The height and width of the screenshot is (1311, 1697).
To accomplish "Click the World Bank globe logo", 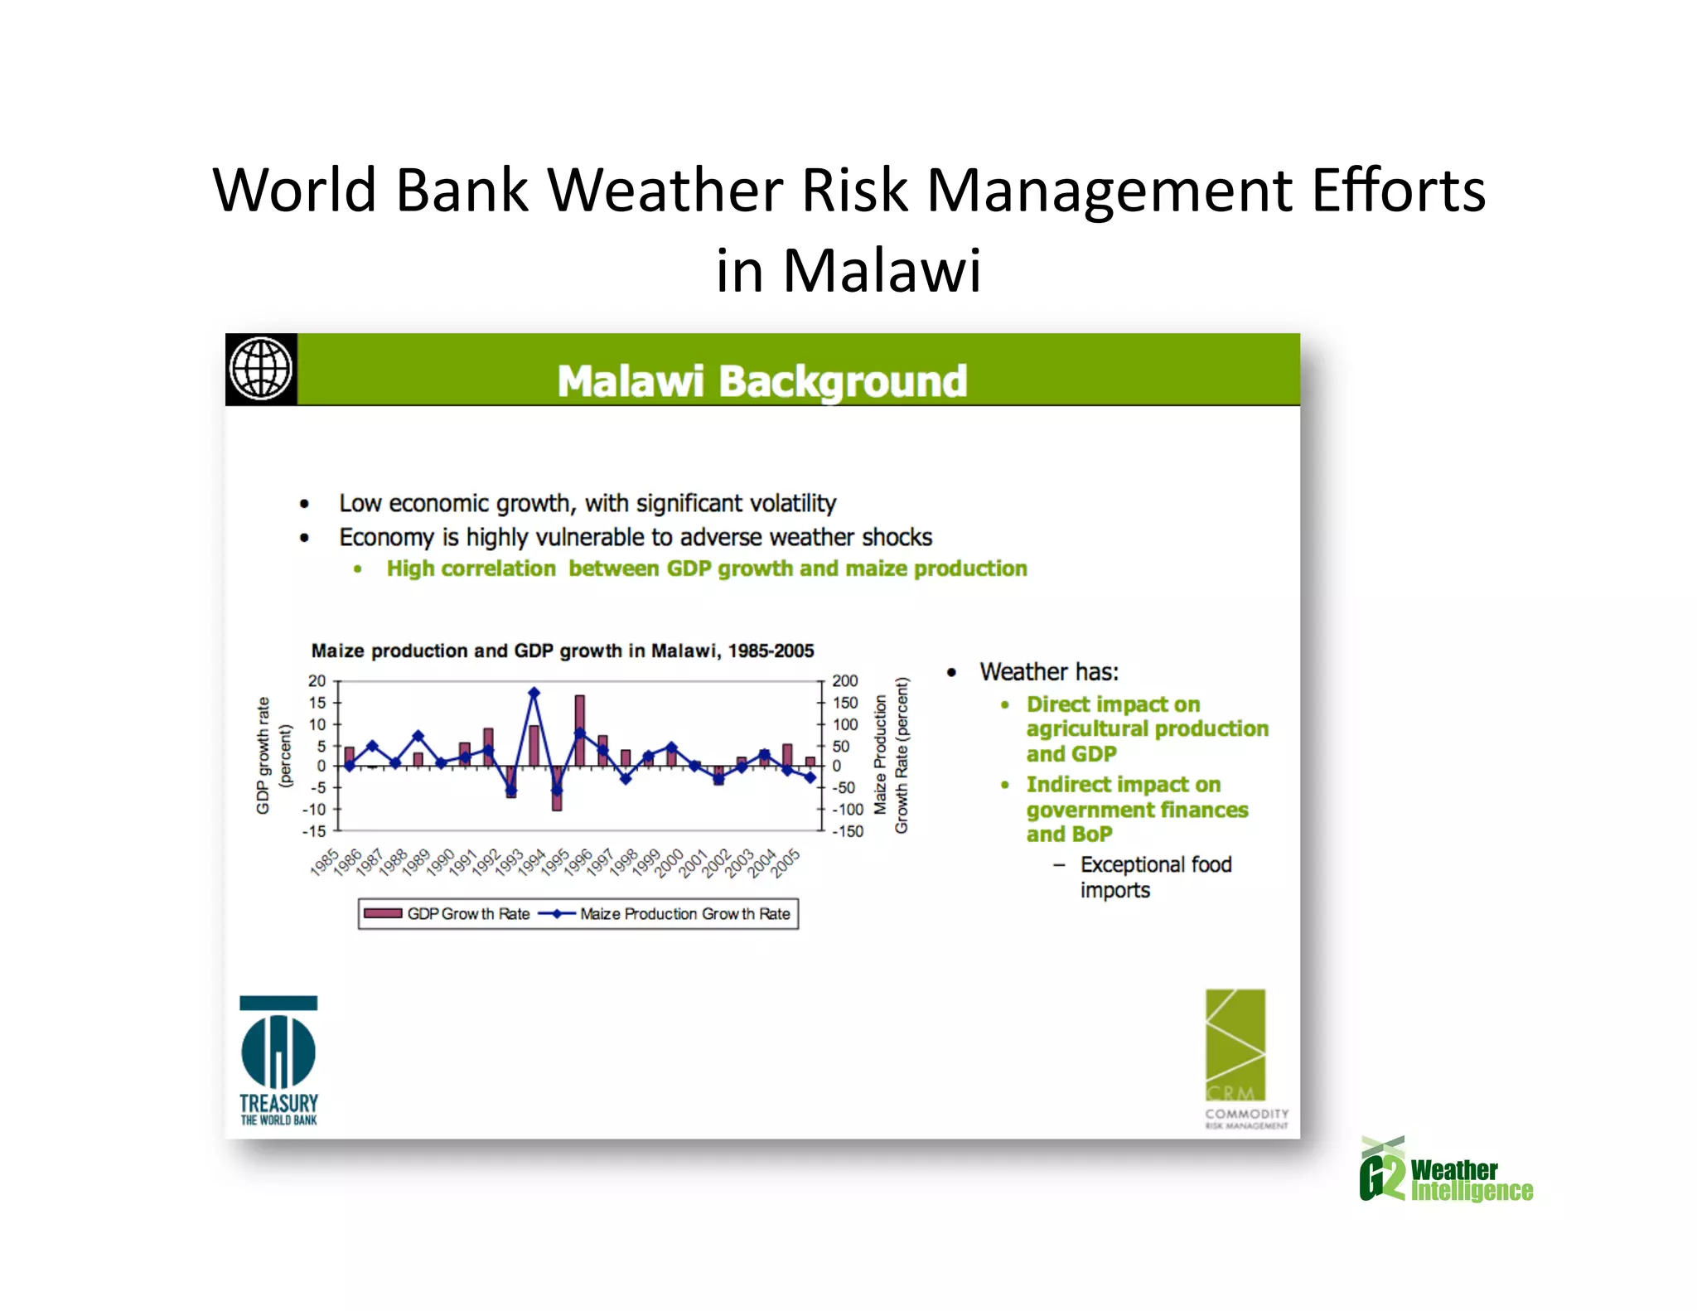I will click(261, 370).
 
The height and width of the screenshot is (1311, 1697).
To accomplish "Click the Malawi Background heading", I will click(761, 381).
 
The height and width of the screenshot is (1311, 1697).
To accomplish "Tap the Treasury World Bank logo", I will click(278, 1061).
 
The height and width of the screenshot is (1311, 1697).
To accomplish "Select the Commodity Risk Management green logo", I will click(1235, 1057).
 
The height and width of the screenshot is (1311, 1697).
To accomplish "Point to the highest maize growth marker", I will click(534, 693).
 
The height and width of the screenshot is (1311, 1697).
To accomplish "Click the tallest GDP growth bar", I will click(580, 729).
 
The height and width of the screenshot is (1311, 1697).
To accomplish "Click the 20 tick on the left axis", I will click(317, 681).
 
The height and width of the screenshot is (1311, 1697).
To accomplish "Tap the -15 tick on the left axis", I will click(315, 831).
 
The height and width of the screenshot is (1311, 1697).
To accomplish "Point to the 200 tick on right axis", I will click(845, 681).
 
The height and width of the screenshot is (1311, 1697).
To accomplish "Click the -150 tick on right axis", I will click(848, 831).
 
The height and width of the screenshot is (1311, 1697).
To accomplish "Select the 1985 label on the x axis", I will click(325, 862).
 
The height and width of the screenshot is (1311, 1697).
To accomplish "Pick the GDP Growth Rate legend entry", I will click(447, 914).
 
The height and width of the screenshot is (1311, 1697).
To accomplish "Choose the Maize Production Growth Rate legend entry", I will click(666, 914).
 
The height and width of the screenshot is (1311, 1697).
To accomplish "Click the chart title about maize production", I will click(563, 651).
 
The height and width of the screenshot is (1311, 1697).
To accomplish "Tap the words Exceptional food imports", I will click(1155, 877).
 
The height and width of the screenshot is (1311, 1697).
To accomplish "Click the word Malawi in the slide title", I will click(882, 271).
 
